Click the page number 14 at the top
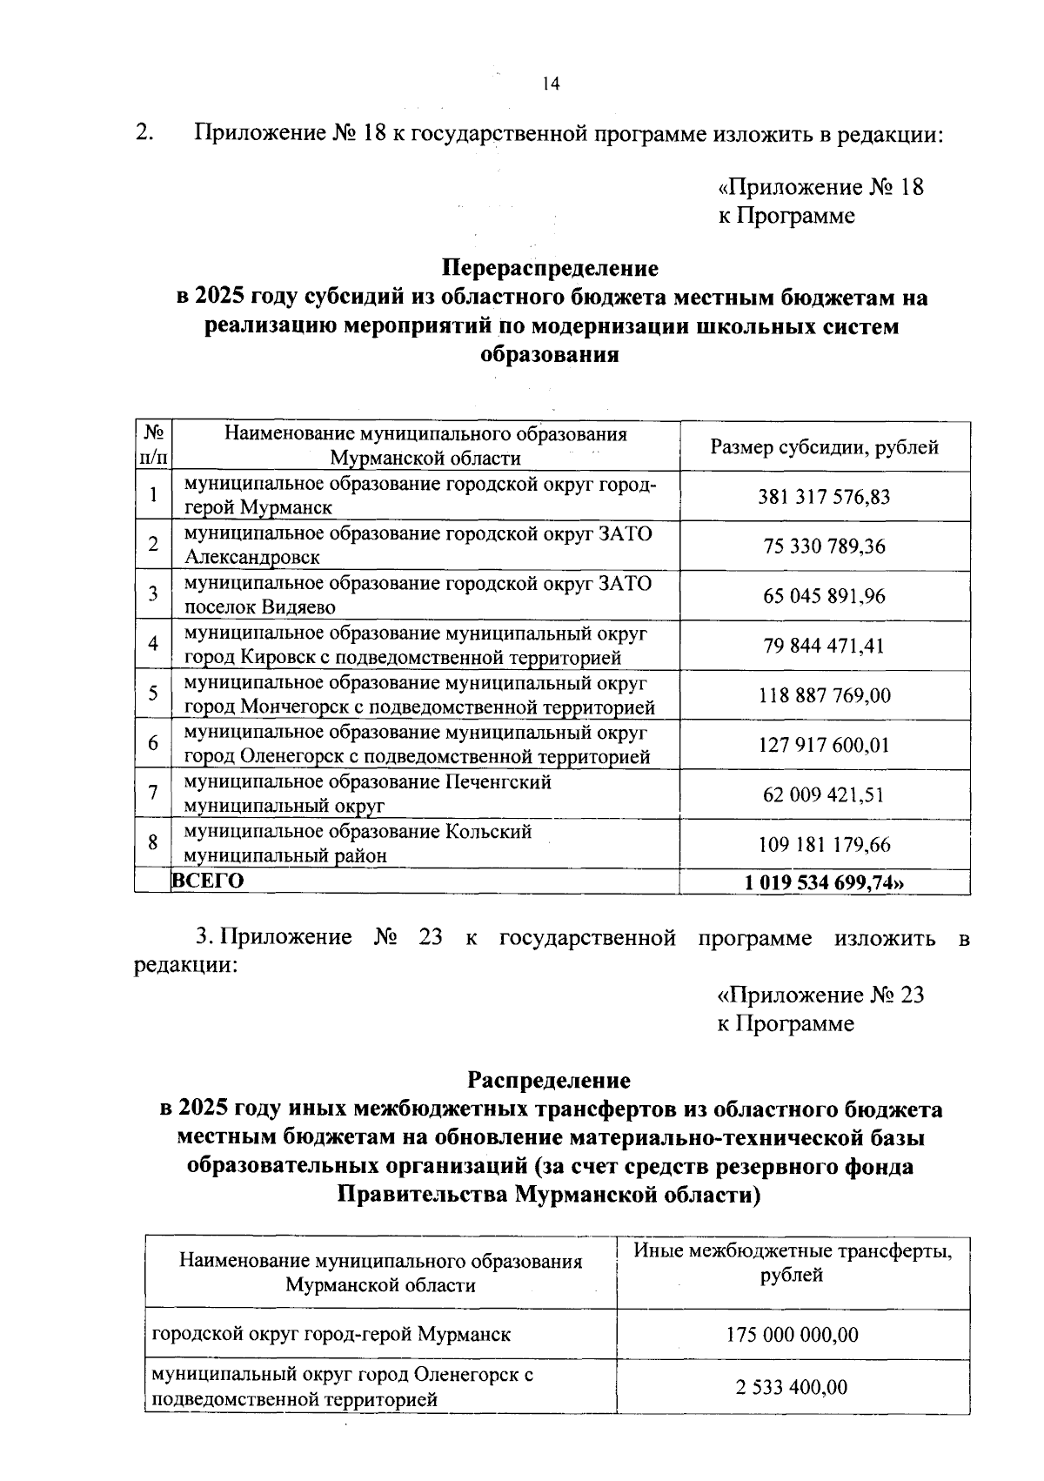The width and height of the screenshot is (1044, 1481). tap(551, 84)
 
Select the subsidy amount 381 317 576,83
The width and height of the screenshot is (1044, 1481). tap(824, 497)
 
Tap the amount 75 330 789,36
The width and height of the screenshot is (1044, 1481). tap(824, 546)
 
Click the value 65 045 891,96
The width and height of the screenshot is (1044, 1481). tap(824, 596)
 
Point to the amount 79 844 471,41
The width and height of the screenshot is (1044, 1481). tap(824, 646)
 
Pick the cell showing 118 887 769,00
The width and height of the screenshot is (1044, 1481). tap(824, 695)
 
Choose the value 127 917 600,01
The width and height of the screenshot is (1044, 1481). tap(824, 745)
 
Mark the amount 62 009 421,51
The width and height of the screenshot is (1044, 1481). tap(824, 794)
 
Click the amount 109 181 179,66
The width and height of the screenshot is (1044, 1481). tap(824, 844)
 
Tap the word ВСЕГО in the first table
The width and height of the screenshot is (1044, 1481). tap(207, 881)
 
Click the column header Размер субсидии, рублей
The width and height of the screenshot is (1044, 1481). tap(824, 447)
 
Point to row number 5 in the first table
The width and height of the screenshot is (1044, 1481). tap(153, 694)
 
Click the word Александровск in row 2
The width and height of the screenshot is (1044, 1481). tap(251, 557)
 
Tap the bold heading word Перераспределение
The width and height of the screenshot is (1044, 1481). tap(550, 267)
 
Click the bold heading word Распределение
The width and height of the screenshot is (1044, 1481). tap(549, 1080)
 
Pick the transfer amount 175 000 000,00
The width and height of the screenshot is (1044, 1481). tap(792, 1334)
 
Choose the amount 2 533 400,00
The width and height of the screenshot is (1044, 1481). tap(792, 1387)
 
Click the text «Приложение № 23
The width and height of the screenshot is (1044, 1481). tap(820, 995)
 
